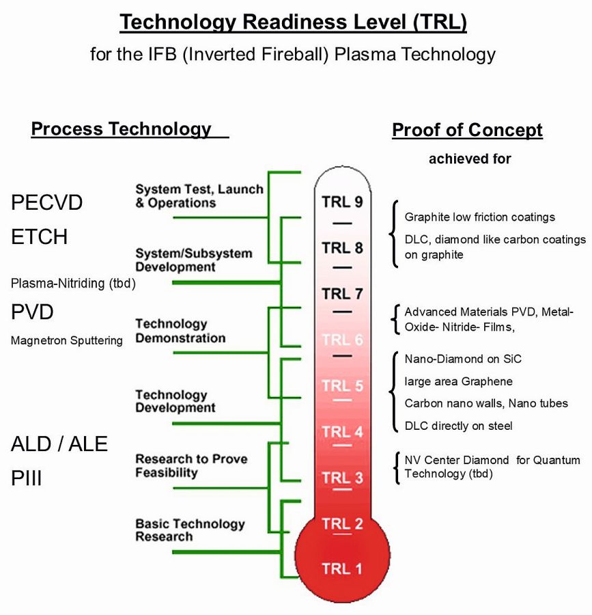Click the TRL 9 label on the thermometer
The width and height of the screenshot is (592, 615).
(342, 202)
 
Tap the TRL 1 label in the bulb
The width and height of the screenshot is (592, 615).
(342, 569)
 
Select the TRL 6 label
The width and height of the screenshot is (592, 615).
(342, 340)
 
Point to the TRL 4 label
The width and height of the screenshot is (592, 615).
(342, 432)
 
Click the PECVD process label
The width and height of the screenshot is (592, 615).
(46, 203)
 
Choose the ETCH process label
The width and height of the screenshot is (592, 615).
(39, 237)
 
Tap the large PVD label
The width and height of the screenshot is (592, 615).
(32, 312)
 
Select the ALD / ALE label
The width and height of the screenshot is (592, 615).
(59, 444)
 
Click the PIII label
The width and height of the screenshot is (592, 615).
(26, 478)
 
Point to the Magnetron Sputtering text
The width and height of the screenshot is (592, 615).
(67, 340)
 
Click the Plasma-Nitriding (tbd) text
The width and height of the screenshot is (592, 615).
(73, 283)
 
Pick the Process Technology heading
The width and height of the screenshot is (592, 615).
(122, 128)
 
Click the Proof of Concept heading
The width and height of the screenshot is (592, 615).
(468, 130)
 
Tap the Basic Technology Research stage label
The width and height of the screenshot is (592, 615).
(190, 530)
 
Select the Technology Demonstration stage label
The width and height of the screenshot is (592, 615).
(180, 331)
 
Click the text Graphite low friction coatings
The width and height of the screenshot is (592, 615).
(479, 217)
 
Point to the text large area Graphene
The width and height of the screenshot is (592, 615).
(458, 381)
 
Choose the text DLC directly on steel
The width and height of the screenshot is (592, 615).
(458, 426)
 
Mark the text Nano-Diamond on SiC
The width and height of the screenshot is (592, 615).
(463, 359)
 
